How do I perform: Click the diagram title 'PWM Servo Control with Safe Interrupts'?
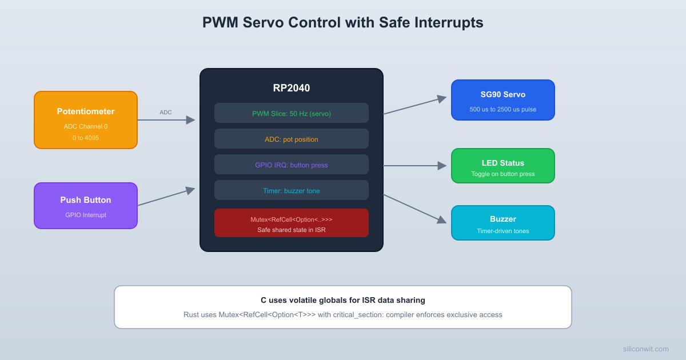coord(342,22)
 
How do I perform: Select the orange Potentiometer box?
coord(86,120)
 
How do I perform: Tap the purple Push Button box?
coord(86,206)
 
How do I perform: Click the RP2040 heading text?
coord(292,88)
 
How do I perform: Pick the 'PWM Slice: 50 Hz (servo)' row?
coord(292,113)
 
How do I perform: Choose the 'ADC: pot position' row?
coord(292,139)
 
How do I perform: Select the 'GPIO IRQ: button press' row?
coord(292,165)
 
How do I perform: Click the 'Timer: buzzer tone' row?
coord(292,190)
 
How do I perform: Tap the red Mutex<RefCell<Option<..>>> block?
coord(292,223)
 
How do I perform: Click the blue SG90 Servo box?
coord(503,100)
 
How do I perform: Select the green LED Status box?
coord(503,166)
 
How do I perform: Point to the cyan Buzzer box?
coord(503,223)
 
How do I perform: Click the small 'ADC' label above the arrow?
coord(166,112)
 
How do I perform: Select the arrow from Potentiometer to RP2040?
coord(166,120)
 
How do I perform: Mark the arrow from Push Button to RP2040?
coord(166,197)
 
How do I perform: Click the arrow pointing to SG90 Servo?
coord(414,106)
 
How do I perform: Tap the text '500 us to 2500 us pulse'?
coord(503,109)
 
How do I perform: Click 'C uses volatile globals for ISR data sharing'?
coord(343,300)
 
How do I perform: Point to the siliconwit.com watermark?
coord(645,349)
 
